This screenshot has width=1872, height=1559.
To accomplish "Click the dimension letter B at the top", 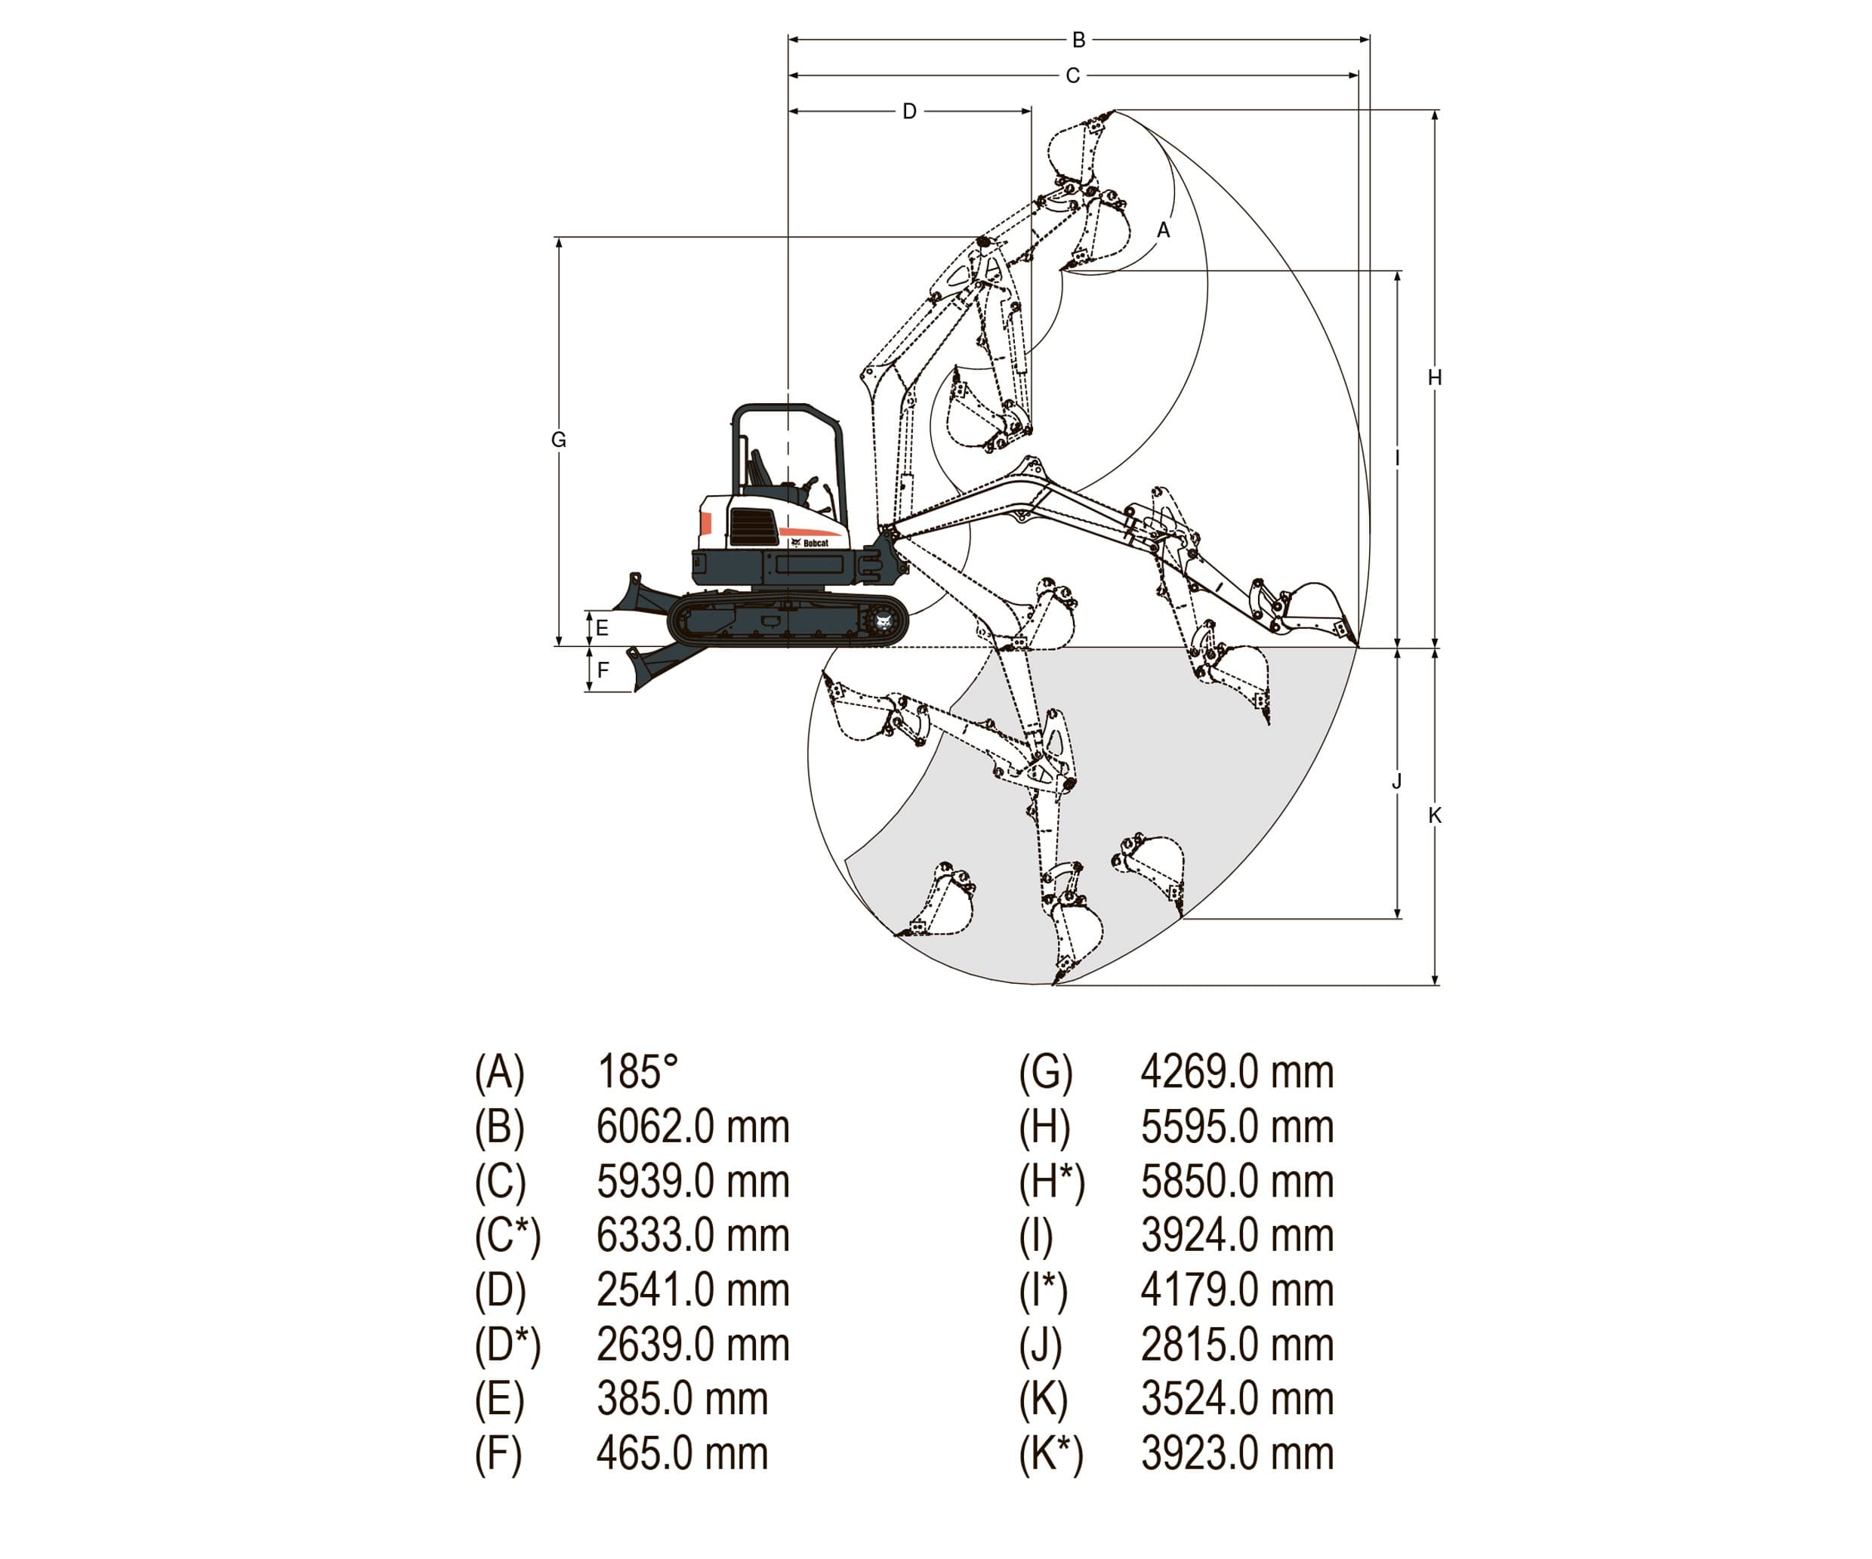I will pyautogui.click(x=1078, y=40).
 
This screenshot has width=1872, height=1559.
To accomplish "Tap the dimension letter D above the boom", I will pyautogui.click(x=909, y=112).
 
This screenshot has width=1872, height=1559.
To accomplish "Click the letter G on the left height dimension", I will pyautogui.click(x=559, y=439).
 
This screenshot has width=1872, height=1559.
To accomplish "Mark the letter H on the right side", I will pyautogui.click(x=1434, y=378).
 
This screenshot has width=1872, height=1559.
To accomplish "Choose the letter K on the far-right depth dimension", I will pyautogui.click(x=1434, y=815).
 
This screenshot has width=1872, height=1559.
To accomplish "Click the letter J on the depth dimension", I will pyautogui.click(x=1397, y=781).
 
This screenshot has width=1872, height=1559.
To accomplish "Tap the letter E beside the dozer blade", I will pyautogui.click(x=603, y=628).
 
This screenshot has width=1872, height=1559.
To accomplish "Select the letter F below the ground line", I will pyautogui.click(x=603, y=670).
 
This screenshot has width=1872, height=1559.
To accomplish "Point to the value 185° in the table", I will pyautogui.click(x=637, y=1071).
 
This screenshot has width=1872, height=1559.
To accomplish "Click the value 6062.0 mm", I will pyautogui.click(x=692, y=1126).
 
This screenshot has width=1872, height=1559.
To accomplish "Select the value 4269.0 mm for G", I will pyautogui.click(x=1236, y=1071).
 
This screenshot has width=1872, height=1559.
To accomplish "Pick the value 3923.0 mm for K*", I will pyautogui.click(x=1236, y=1453).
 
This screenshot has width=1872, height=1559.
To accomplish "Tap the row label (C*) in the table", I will pyautogui.click(x=507, y=1235).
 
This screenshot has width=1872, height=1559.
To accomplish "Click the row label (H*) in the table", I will pyautogui.click(x=1051, y=1181).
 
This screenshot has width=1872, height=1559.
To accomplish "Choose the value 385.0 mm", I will pyautogui.click(x=682, y=1398).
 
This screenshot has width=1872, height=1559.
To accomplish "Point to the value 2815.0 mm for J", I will pyautogui.click(x=1236, y=1344).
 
